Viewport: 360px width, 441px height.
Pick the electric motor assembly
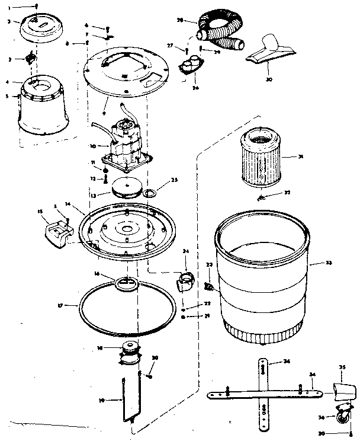[127, 140]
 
